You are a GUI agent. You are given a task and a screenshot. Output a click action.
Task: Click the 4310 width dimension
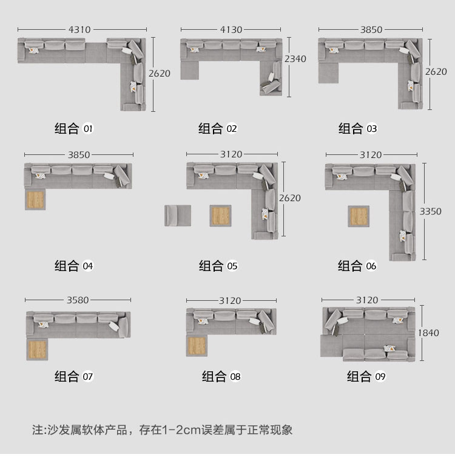79,29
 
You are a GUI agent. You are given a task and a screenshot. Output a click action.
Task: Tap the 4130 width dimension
231,29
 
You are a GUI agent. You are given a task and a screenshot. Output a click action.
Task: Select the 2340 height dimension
295,59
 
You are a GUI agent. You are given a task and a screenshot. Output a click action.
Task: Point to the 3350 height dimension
430,211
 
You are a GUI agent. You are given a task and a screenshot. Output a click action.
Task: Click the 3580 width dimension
78,300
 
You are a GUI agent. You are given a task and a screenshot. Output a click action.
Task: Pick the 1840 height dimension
428,333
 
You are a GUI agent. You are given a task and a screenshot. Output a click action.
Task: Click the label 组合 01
73,129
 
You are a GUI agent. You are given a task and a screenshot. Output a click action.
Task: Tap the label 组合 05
218,266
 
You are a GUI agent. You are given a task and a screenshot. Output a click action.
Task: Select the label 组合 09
366,376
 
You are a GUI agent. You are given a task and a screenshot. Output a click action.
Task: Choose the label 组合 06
357,266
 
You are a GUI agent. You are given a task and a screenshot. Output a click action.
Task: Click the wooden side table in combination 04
35,200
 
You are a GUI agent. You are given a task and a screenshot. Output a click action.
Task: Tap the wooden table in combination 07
37,349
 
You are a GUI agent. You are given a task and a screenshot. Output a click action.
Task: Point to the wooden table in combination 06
359,216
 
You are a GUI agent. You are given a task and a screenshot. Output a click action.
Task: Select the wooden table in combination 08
197,346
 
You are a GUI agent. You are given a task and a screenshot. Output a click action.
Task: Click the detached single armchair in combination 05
178,216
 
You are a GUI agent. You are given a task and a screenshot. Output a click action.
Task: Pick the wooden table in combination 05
220,216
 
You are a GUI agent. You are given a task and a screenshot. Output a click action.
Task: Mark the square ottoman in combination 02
190,70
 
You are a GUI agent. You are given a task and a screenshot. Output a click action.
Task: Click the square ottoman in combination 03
328,73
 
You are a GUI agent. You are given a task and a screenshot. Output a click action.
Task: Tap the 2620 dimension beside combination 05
290,198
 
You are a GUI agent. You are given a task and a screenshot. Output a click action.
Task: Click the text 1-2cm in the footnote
181,430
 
